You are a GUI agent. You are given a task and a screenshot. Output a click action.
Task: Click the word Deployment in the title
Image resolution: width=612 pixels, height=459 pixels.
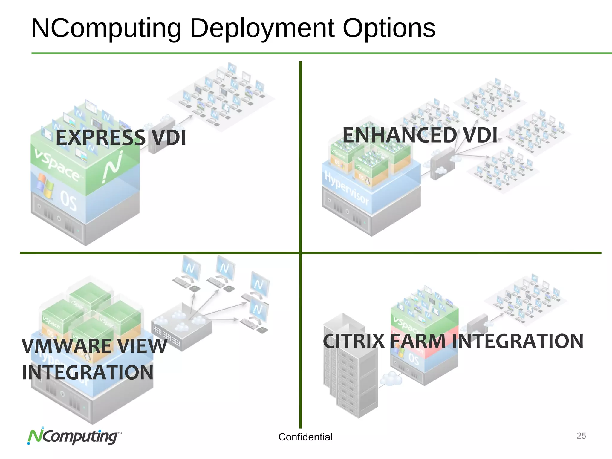pyautogui.click(x=262, y=28)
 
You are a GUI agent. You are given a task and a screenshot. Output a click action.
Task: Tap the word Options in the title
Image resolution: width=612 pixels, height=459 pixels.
pyautogui.click(x=389, y=28)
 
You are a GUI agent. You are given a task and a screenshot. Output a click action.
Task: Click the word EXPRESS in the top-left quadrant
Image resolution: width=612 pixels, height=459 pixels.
pyautogui.click(x=100, y=138)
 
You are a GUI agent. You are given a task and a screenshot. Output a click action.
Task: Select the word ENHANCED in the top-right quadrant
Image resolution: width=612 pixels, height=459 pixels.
pyautogui.click(x=400, y=135)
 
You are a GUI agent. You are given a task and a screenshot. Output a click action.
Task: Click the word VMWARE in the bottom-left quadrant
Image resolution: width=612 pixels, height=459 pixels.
pyautogui.click(x=67, y=346)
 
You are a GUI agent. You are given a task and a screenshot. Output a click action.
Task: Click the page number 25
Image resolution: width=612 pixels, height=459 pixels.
pyautogui.click(x=581, y=436)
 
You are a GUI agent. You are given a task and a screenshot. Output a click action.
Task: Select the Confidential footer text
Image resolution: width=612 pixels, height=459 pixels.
pyautogui.click(x=305, y=437)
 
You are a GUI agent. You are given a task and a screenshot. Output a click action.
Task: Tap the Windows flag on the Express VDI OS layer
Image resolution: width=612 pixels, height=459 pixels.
pyautogui.click(x=45, y=186)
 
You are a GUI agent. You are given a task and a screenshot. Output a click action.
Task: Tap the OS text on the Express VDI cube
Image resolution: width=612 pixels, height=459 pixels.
pyautogui.click(x=68, y=201)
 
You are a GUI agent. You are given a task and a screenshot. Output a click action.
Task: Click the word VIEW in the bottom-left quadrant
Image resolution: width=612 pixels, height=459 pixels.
pyautogui.click(x=142, y=346)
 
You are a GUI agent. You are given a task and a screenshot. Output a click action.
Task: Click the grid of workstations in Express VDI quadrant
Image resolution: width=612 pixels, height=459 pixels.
pyautogui.click(x=221, y=96)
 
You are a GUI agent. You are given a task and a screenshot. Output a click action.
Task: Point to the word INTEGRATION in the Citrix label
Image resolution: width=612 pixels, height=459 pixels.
pyautogui.click(x=517, y=341)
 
